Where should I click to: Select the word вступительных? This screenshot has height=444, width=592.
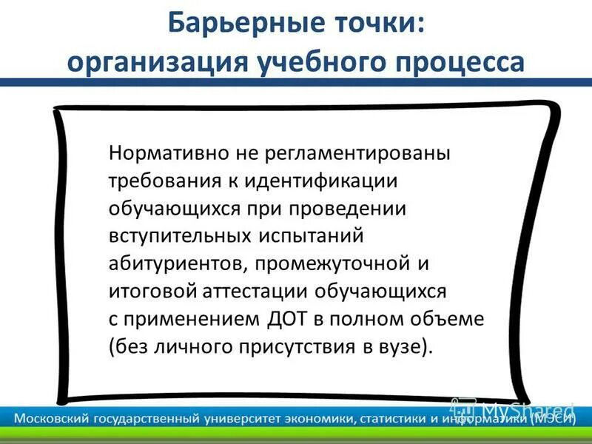(175, 235)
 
